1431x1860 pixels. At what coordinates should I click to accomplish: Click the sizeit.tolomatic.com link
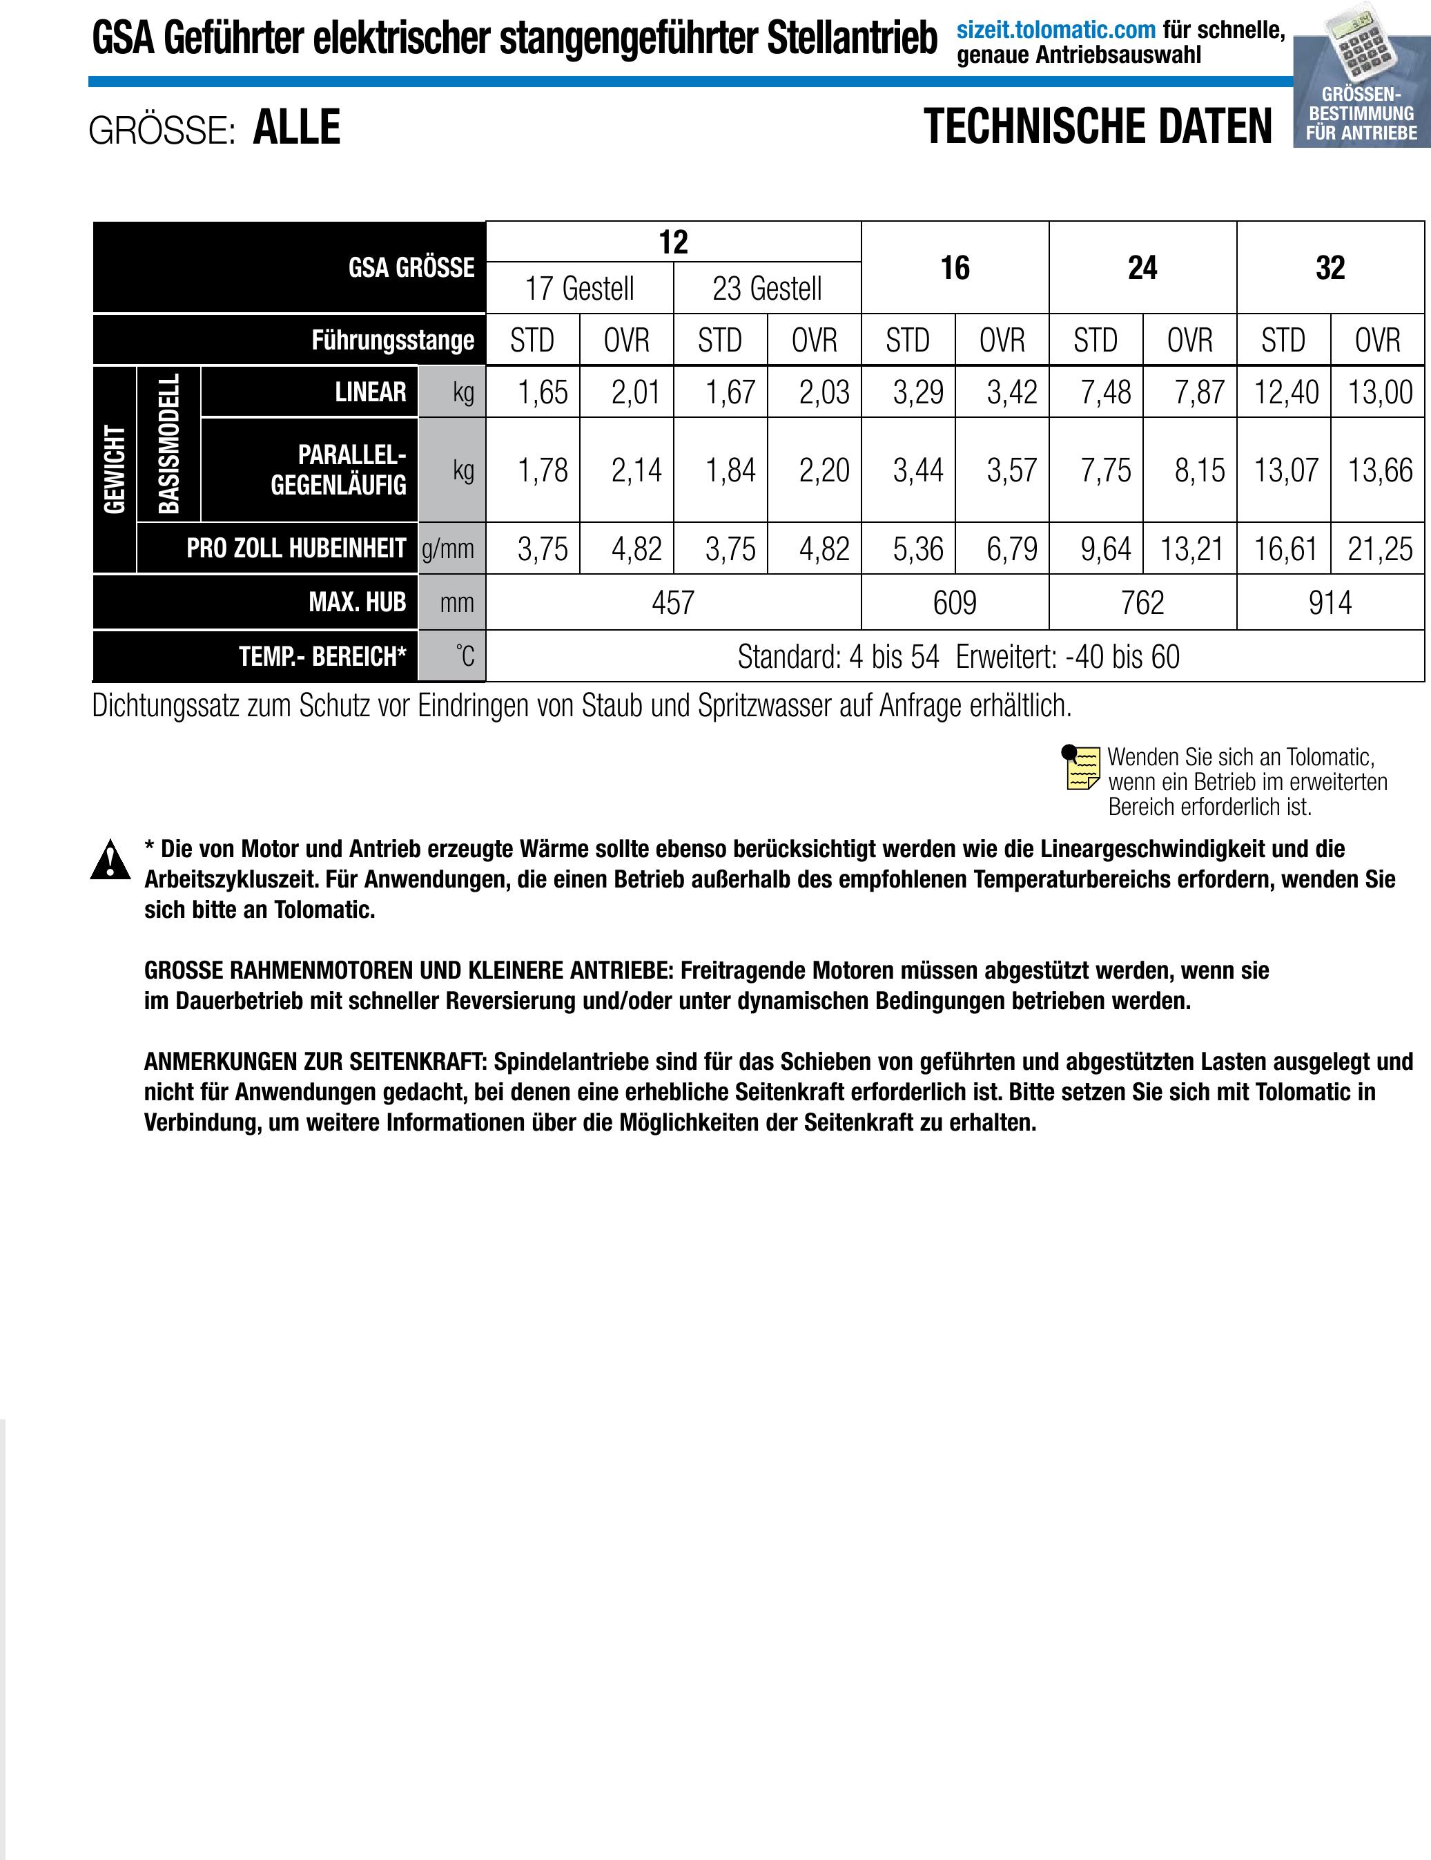click(x=1055, y=30)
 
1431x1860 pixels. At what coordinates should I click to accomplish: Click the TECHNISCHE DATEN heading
click(x=1098, y=127)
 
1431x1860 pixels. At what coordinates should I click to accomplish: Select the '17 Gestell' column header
click(x=579, y=288)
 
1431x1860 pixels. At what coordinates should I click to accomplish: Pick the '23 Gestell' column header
click(x=767, y=288)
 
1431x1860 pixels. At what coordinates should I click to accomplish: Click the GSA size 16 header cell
click(x=955, y=267)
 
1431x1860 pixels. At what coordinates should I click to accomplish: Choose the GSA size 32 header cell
click(x=1330, y=267)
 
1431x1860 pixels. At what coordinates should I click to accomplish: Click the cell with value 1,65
click(x=543, y=392)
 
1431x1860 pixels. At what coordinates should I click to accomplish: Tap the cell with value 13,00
click(x=1380, y=392)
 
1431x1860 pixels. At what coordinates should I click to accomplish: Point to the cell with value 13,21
click(x=1191, y=548)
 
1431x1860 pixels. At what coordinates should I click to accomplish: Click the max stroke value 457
click(x=672, y=603)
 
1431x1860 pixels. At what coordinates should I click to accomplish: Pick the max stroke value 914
click(x=1330, y=603)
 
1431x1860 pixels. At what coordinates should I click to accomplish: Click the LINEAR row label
click(x=370, y=392)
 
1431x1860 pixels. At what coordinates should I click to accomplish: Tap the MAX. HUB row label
click(x=357, y=602)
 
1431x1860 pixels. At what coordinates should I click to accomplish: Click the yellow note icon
click(x=1081, y=767)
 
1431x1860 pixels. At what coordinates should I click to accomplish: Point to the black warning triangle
click(x=110, y=859)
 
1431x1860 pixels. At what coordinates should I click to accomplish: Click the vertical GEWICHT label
click(x=114, y=469)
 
